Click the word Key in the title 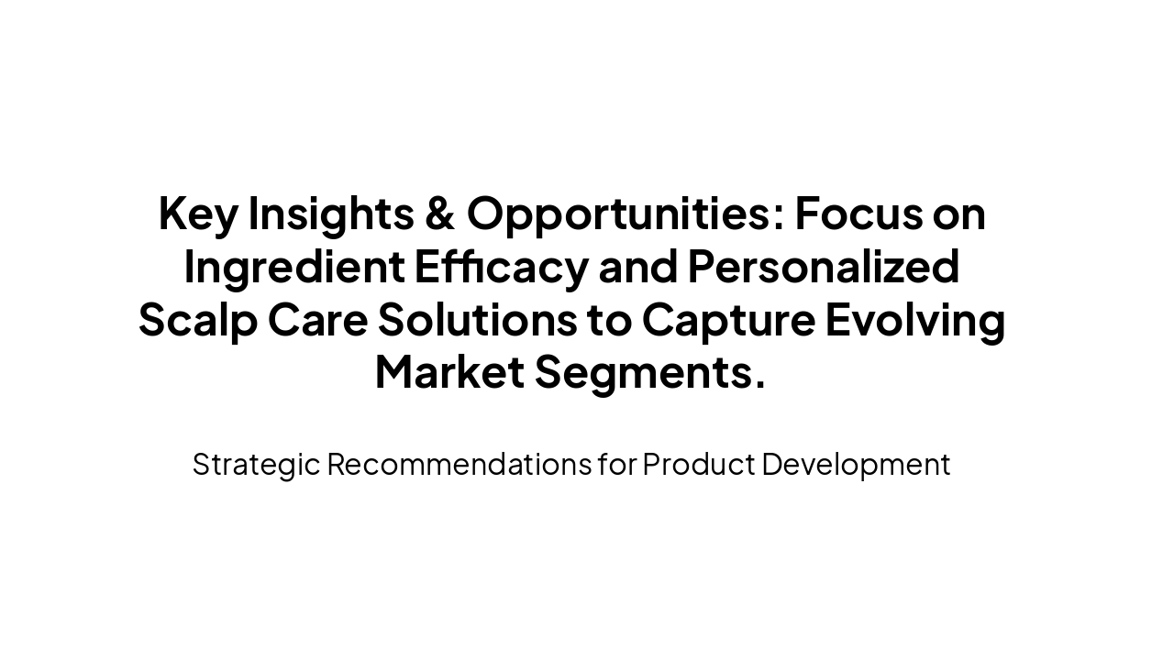[x=196, y=214]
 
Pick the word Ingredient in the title [x=294, y=268]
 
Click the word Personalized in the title [x=824, y=268]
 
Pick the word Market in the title [x=449, y=373]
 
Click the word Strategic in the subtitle [x=256, y=465]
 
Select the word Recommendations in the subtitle [x=459, y=465]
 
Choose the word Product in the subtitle [x=697, y=465]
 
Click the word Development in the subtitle [x=856, y=465]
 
